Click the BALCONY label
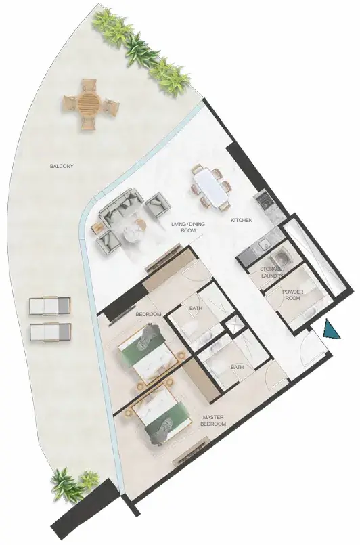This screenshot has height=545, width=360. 62,166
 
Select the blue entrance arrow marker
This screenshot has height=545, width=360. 330,330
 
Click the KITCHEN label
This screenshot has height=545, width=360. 242,220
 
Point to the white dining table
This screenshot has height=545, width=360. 212,188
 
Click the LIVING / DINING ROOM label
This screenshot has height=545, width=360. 188,227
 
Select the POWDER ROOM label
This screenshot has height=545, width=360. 292,295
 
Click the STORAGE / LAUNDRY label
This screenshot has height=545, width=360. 273,272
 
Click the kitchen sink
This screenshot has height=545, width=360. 264,245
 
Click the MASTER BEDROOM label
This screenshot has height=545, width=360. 215,420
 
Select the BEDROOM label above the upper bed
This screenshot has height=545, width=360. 148,314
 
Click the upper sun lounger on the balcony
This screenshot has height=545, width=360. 50,306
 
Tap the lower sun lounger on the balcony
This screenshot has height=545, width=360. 50,332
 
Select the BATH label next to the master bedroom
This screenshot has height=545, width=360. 237,367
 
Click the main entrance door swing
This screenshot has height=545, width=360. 307,347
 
